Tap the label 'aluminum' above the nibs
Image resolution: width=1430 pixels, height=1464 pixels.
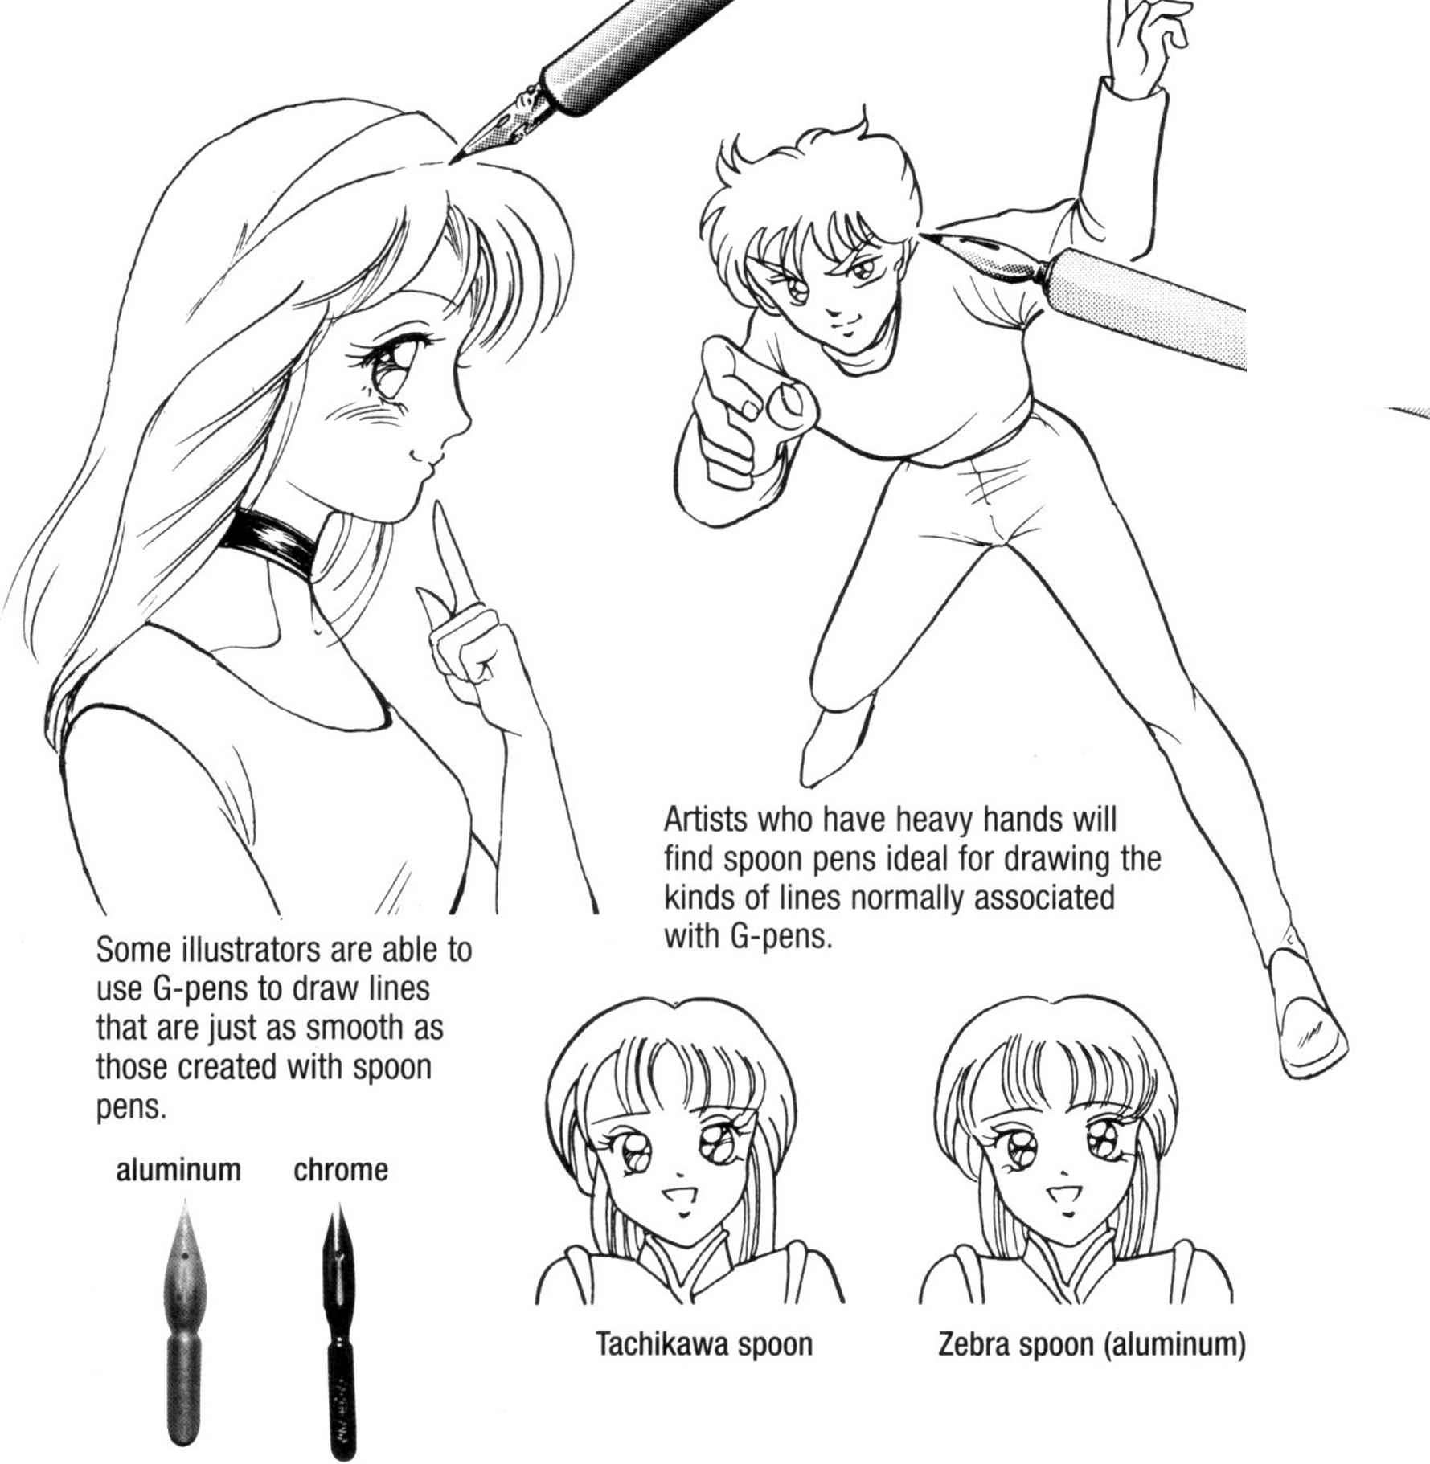click(178, 1170)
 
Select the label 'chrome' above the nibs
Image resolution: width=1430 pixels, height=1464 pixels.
click(341, 1170)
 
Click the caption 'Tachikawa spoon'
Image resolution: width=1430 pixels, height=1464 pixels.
click(704, 1344)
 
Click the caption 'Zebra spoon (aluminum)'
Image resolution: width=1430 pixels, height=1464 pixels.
click(1092, 1344)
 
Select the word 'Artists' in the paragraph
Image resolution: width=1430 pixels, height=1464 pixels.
click(706, 820)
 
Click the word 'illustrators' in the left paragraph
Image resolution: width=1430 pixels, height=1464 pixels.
click(241, 951)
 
